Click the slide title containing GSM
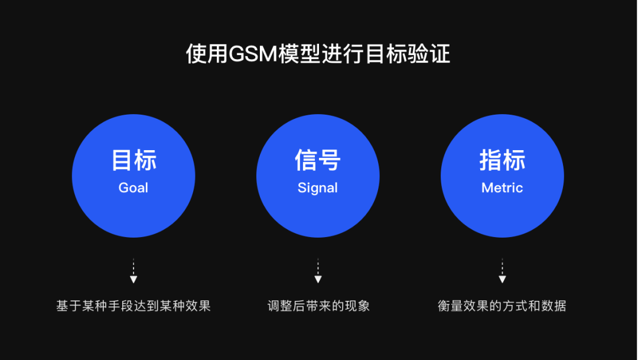pyautogui.click(x=318, y=54)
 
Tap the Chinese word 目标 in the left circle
pyautogui.click(x=134, y=160)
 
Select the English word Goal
pyautogui.click(x=134, y=188)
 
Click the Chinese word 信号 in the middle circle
pyautogui.click(x=318, y=160)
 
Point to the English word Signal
pyautogui.click(x=318, y=188)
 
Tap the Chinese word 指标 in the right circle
pyautogui.click(x=502, y=160)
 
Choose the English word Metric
pyautogui.click(x=502, y=188)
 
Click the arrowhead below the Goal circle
pyautogui.click(x=134, y=279)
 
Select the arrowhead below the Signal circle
pyautogui.click(x=318, y=279)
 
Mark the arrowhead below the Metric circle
pyautogui.click(x=502, y=279)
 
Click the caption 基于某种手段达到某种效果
pyautogui.click(x=134, y=306)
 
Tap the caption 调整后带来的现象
pyautogui.click(x=318, y=306)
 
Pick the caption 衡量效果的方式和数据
pyautogui.click(x=502, y=306)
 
